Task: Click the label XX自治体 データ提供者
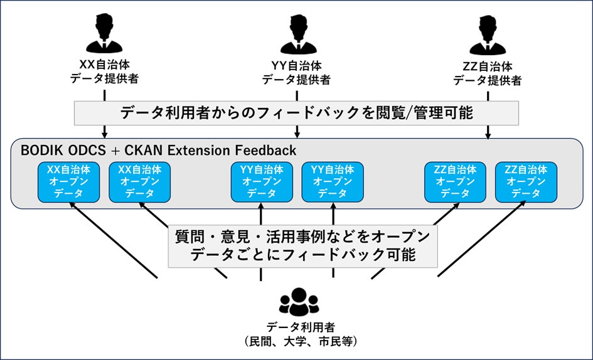click(x=104, y=71)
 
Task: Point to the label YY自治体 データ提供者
click(x=296, y=71)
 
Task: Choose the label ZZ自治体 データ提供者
click(x=488, y=73)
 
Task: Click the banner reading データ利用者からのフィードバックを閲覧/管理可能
click(x=296, y=113)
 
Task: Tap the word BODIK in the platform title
click(x=40, y=151)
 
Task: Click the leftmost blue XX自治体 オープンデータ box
click(x=68, y=182)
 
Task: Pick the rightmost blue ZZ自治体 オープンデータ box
click(x=526, y=182)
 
